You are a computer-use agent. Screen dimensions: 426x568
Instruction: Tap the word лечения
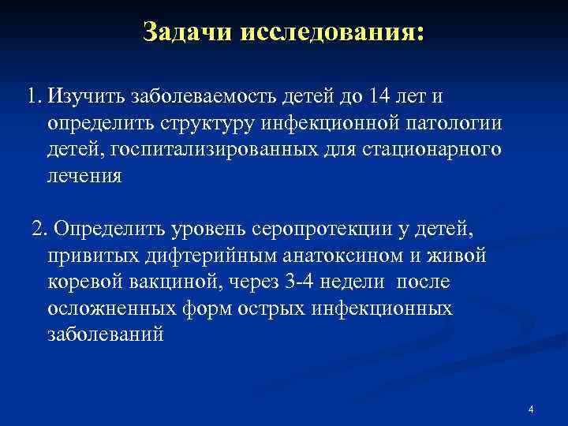click(84, 175)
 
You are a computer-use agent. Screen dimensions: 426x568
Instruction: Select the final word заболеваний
click(106, 333)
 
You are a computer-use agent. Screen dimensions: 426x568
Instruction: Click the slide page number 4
click(532, 409)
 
